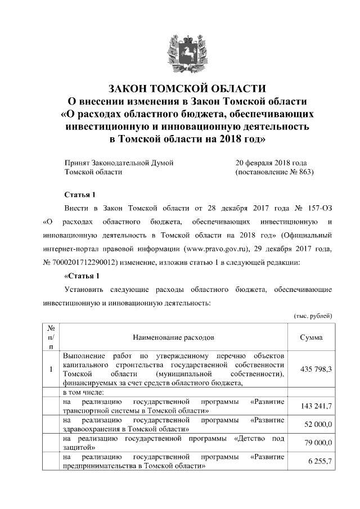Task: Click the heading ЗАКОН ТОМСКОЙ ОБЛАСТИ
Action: [187, 89]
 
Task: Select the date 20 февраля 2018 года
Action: [271, 163]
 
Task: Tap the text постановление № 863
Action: [274, 172]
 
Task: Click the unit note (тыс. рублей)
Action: [313, 316]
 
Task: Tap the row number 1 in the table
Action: [51, 369]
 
